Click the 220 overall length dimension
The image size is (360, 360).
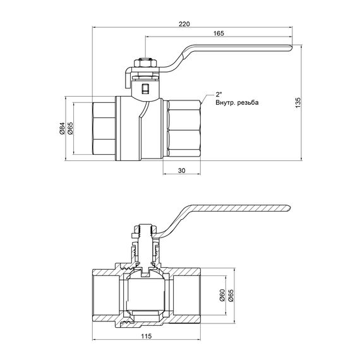coord(184,23)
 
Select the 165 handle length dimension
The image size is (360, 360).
coord(219,33)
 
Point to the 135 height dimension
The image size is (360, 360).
coord(297,103)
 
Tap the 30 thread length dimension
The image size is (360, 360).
coord(181,171)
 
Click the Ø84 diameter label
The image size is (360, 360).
coord(62,128)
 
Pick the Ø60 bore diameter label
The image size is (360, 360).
coord(222,295)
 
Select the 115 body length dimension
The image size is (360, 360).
coord(147,337)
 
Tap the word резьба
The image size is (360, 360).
coord(248,102)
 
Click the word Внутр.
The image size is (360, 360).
coord(225,102)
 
